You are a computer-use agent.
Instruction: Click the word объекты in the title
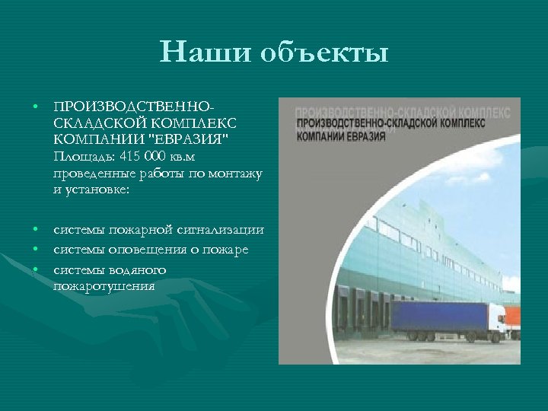pyautogui.click(x=325, y=54)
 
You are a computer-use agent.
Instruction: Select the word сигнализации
pyautogui.click(x=225, y=230)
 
